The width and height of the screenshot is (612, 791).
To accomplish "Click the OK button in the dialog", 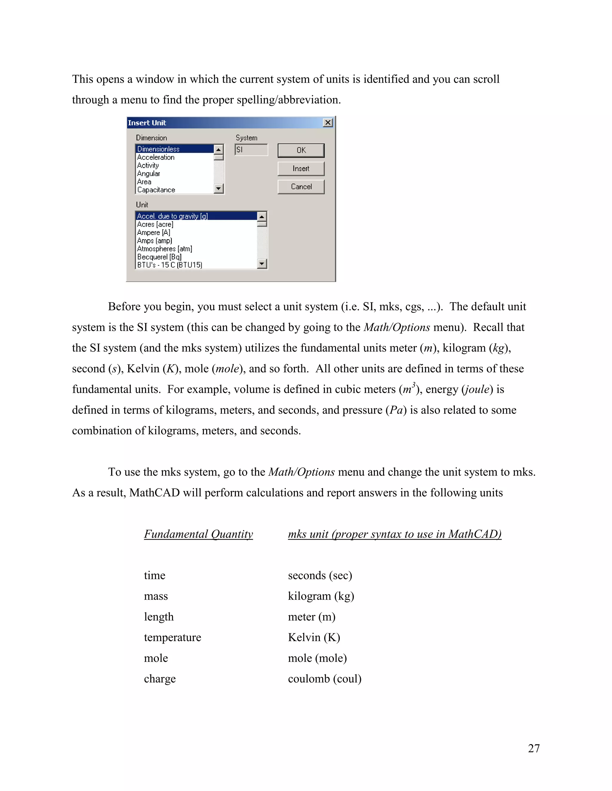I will pyautogui.click(x=301, y=150).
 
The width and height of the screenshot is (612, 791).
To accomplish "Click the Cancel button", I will pyautogui.click(x=301, y=187).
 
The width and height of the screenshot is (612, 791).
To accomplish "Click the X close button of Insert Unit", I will pyautogui.click(x=328, y=123).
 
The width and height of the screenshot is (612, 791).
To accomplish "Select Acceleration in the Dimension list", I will pyautogui.click(x=156, y=157).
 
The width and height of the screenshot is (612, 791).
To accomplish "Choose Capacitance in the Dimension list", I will pyautogui.click(x=156, y=190).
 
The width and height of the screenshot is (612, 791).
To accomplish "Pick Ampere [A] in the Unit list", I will pyautogui.click(x=154, y=233).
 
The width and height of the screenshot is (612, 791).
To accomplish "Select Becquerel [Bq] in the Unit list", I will pyautogui.click(x=160, y=257).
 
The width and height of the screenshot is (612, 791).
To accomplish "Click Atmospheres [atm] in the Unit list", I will pyautogui.click(x=165, y=249).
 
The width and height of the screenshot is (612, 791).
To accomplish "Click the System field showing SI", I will pyautogui.click(x=251, y=150).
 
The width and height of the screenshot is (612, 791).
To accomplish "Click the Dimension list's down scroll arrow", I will pyautogui.click(x=218, y=188).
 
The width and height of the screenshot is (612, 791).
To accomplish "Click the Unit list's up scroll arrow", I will pyautogui.click(x=262, y=216).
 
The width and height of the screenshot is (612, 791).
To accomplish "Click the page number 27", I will pyautogui.click(x=534, y=748).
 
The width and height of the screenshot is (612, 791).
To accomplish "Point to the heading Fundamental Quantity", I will pyautogui.click(x=198, y=534).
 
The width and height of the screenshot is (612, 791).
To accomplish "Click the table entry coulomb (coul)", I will pyautogui.click(x=325, y=679).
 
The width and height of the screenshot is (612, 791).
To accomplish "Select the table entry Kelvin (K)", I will pyautogui.click(x=314, y=638).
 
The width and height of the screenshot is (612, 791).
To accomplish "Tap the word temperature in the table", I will pyautogui.click(x=173, y=638).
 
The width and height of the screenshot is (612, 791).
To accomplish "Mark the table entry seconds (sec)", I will pyautogui.click(x=320, y=575).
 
